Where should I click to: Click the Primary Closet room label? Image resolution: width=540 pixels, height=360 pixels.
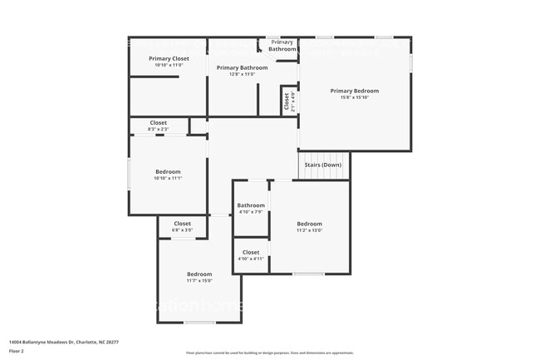click(x=169, y=59)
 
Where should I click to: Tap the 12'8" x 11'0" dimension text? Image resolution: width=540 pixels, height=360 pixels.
click(x=242, y=75)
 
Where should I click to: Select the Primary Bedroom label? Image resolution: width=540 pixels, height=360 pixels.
click(x=354, y=91)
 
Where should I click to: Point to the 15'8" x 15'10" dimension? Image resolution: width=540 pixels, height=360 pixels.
click(x=354, y=98)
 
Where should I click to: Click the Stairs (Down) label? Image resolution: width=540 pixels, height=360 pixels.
click(x=322, y=165)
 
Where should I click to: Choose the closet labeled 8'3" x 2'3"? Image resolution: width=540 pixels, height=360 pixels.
click(x=158, y=123)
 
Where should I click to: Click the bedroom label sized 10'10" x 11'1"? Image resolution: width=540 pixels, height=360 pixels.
click(x=168, y=172)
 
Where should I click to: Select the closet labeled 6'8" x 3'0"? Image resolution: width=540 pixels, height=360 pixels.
click(x=182, y=224)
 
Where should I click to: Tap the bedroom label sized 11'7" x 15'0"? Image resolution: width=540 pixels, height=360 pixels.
click(x=199, y=274)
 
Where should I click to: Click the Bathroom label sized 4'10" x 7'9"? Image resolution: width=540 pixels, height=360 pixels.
click(x=251, y=205)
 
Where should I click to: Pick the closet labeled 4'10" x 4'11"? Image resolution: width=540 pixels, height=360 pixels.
click(x=251, y=252)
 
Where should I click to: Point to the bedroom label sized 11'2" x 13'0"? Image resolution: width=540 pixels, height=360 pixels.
click(x=310, y=224)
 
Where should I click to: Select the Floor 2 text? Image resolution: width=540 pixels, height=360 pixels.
click(x=17, y=351)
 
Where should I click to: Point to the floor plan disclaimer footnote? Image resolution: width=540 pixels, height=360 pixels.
click(x=269, y=353)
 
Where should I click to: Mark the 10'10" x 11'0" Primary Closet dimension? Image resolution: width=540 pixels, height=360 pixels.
click(x=169, y=65)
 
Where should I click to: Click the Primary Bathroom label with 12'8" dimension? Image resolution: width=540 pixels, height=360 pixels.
click(x=242, y=67)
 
